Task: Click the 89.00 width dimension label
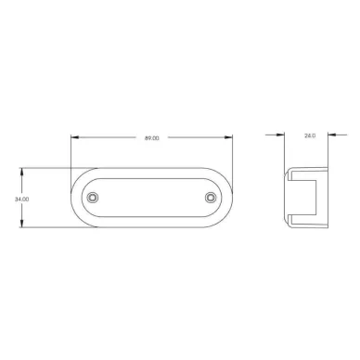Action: coord(152,138)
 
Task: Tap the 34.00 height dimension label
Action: coord(22,199)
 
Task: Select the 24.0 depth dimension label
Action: coord(310,135)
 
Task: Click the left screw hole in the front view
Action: coord(92,197)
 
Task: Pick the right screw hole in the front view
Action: coord(211,197)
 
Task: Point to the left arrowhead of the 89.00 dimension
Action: coord(75,137)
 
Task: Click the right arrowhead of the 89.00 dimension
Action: coord(228,137)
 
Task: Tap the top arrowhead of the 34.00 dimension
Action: coord(21,173)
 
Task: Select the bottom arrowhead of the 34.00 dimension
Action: coord(21,223)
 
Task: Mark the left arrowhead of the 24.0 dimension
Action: coord(280,135)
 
